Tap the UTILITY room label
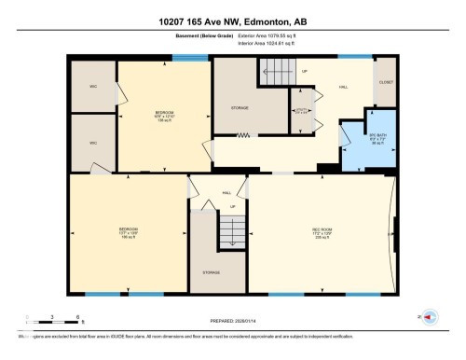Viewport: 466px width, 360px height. pos(301,111)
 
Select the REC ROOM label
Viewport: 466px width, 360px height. pos(322,234)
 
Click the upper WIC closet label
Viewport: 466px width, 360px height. pos(93,87)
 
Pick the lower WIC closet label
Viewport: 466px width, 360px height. pos(93,143)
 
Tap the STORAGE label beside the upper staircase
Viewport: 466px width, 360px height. pos(240,108)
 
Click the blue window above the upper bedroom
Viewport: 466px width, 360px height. pos(190,58)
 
